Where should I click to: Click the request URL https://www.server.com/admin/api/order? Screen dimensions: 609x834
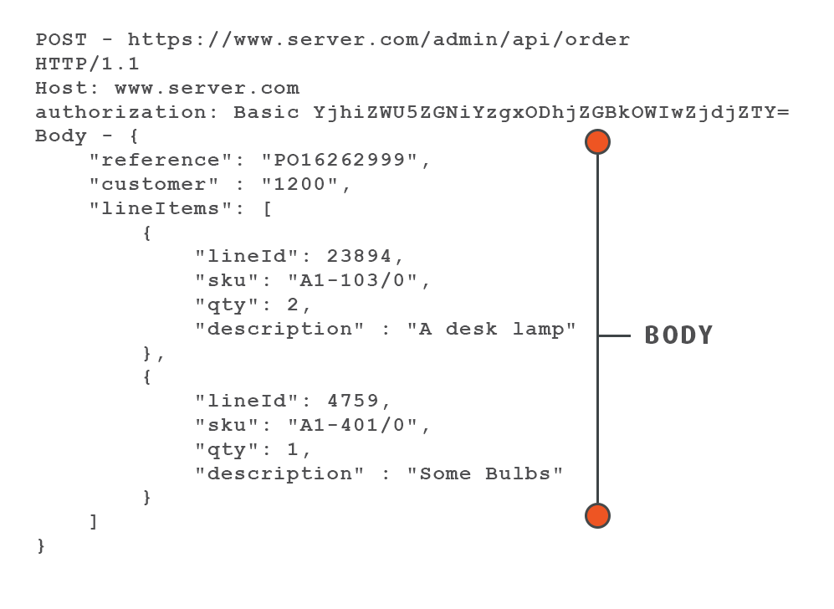point(378,39)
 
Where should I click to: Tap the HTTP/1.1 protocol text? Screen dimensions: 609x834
point(87,64)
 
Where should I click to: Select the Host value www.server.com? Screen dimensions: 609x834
point(207,88)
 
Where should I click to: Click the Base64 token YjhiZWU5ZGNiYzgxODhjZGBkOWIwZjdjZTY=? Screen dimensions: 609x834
point(551,112)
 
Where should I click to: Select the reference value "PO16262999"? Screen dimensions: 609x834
point(345,160)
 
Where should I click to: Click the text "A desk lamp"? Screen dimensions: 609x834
point(491,329)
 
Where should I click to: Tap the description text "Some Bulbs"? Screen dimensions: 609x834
point(484,473)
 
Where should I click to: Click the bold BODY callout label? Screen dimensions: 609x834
point(678,335)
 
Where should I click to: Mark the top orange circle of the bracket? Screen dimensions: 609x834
point(597,142)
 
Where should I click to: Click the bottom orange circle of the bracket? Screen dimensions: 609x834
point(597,515)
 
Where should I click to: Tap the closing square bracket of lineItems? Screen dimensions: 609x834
point(94,521)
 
